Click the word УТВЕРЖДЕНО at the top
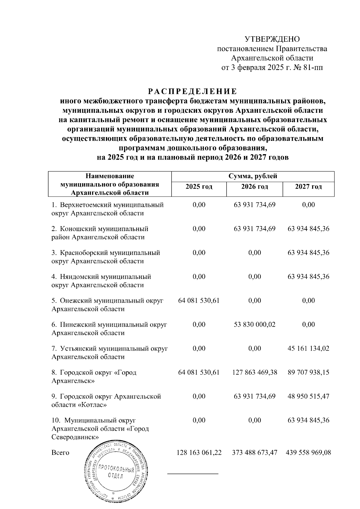coord(272,39)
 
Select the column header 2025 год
coord(199,187)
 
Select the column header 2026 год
coord(254,187)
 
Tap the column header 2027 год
coord(308,187)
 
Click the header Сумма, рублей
coord(253,176)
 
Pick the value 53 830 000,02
coord(254,325)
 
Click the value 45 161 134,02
coord(308,349)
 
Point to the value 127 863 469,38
coord(255,373)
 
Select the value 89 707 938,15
coord(308,373)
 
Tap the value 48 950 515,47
coord(308,397)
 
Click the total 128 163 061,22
coord(199,453)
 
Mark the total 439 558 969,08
coord(309,453)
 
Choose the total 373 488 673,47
coord(255,453)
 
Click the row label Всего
coord(60,453)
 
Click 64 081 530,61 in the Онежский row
coord(199,301)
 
